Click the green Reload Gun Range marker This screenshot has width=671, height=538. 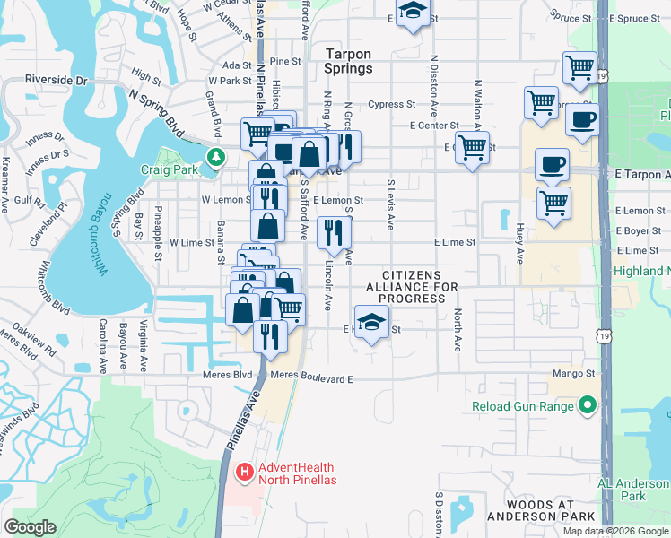point(588,406)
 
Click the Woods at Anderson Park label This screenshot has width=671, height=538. point(541,516)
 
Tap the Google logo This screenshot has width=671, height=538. point(30,526)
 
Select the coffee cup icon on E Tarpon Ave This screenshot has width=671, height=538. point(552,164)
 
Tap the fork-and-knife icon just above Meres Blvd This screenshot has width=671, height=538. point(269,335)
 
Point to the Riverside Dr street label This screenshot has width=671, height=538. point(57,80)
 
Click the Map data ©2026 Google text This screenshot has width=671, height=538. point(615,531)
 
